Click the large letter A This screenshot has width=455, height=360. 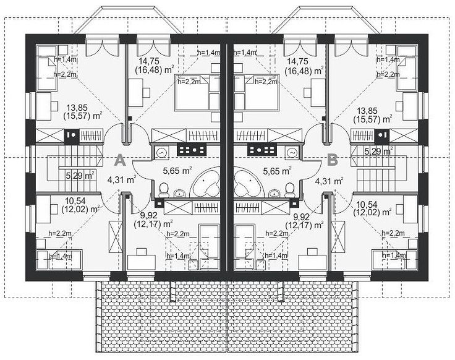point(120,160)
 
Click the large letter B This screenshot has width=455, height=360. point(333,160)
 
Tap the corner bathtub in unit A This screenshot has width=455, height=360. point(205,184)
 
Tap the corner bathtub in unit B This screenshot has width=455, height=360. point(249,184)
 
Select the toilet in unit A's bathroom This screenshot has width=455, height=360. point(164,189)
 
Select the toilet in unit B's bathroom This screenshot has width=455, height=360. point(289,189)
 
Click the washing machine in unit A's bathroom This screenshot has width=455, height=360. point(161,152)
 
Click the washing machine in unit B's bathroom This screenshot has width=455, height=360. point(292,152)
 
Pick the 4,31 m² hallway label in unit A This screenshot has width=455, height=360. point(121,180)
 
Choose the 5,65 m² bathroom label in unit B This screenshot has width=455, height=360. point(277,171)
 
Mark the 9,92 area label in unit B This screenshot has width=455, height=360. point(301,216)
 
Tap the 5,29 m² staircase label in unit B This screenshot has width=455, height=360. point(379,152)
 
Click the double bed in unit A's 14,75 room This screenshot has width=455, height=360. point(197,93)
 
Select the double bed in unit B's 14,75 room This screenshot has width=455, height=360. point(257,93)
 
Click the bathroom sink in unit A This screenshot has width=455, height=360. point(180,193)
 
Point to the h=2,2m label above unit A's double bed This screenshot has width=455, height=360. point(189,82)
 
